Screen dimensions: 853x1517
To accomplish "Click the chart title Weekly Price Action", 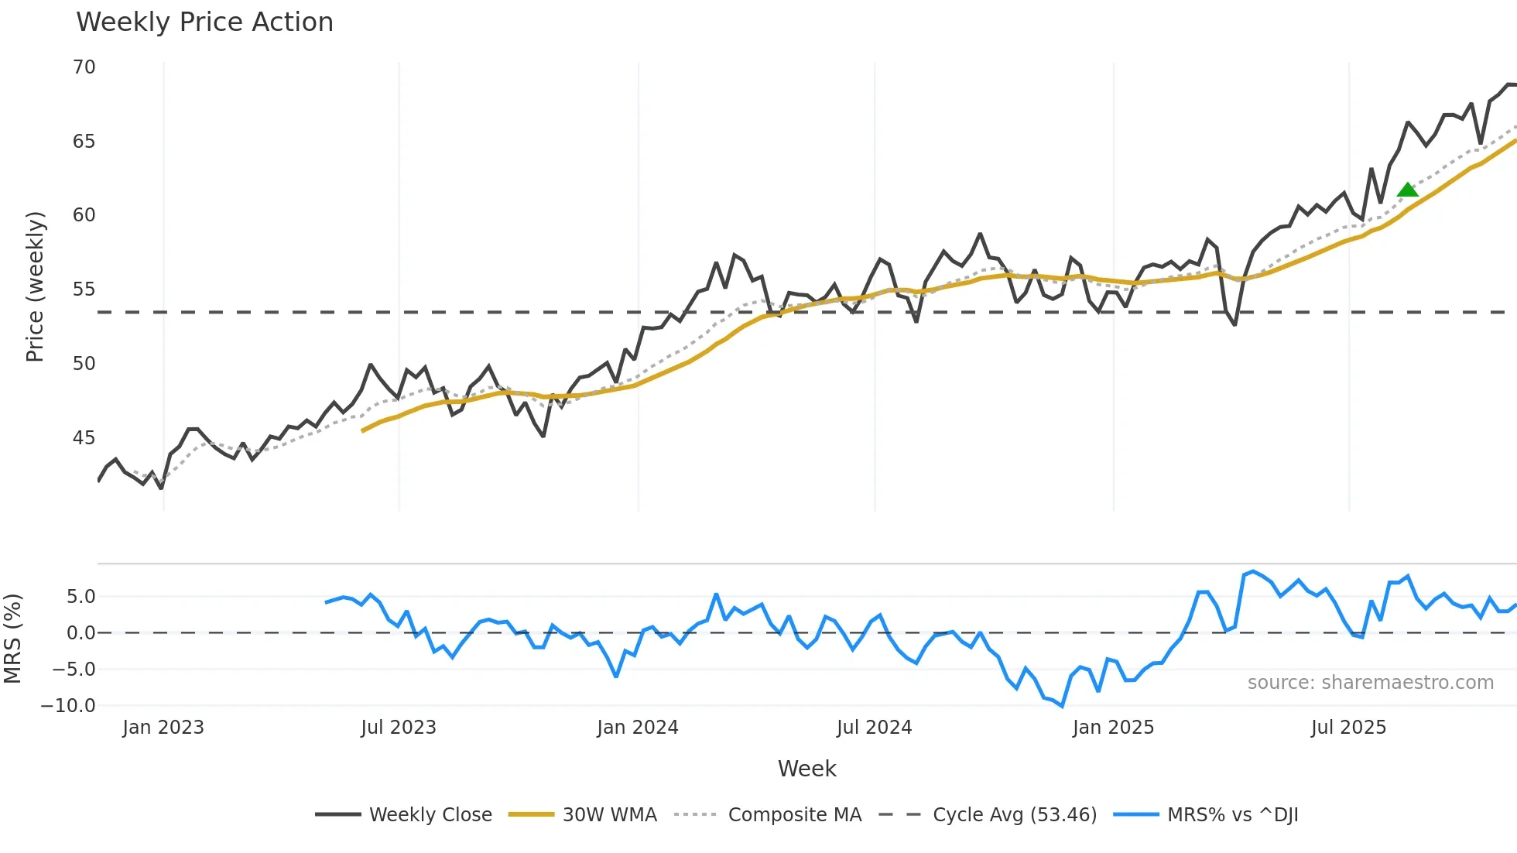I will (204, 22).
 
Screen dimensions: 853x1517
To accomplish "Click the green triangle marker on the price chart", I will (1407, 190).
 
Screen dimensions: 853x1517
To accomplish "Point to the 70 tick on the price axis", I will (84, 67).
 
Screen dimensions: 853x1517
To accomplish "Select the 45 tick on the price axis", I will (84, 438).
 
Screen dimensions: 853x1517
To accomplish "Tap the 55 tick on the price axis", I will (84, 289).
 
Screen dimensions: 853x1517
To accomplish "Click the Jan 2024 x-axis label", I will (637, 728).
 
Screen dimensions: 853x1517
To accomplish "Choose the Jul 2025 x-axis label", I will (1347, 728).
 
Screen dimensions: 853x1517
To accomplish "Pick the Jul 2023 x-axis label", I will (398, 728).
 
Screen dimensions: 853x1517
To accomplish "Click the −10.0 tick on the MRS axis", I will (68, 706).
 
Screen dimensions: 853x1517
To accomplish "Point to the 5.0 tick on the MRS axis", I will (80, 597).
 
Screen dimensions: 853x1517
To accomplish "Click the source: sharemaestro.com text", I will (1370, 683).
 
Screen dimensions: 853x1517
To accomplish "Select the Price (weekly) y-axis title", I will (35, 286).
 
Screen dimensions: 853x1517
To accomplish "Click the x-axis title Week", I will (806, 769).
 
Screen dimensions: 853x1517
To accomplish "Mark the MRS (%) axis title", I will (12, 639).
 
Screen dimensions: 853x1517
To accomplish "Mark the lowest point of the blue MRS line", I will (1062, 705).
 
